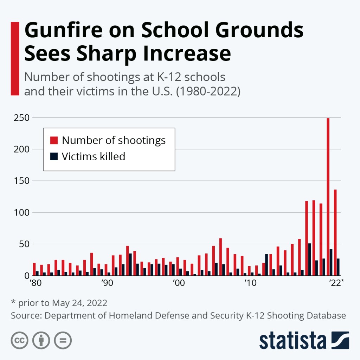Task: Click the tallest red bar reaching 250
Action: (x=328, y=197)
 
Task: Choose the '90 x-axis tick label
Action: (x=107, y=283)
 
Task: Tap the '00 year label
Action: (x=178, y=283)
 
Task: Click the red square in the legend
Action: (x=53, y=141)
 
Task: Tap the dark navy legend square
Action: (x=53, y=156)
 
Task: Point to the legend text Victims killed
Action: (x=94, y=156)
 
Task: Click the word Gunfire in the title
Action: (x=69, y=31)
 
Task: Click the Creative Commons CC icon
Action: (x=20, y=340)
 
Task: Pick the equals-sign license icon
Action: (x=63, y=340)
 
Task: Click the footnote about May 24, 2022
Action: (x=59, y=303)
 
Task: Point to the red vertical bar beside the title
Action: (x=15, y=58)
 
